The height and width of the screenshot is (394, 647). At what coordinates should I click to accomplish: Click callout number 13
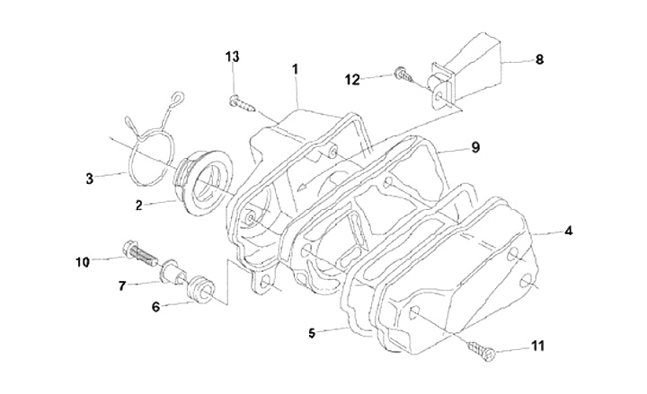233,57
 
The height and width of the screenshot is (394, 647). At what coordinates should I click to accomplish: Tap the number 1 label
295,69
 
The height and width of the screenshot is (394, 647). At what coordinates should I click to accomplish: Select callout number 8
539,59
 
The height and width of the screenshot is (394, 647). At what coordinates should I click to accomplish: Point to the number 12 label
352,80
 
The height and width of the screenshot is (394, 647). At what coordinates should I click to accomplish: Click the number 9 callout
475,147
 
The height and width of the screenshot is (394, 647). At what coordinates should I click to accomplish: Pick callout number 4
569,231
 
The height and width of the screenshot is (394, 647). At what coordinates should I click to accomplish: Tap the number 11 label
537,346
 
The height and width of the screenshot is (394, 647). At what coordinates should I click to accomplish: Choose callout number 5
312,333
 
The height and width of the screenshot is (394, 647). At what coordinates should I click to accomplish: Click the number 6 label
155,307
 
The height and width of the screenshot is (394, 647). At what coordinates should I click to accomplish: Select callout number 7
121,285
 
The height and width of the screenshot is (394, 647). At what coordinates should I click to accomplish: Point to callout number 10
83,262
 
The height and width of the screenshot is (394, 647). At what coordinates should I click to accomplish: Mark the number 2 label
138,206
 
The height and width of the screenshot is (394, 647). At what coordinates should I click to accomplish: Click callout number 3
90,179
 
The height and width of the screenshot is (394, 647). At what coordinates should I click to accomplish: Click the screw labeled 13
242,103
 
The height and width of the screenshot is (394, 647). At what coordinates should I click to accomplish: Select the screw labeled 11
481,350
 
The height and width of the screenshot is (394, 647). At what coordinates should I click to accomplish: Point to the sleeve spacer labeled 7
173,272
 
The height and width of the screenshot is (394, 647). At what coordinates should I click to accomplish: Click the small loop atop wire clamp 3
176,97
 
